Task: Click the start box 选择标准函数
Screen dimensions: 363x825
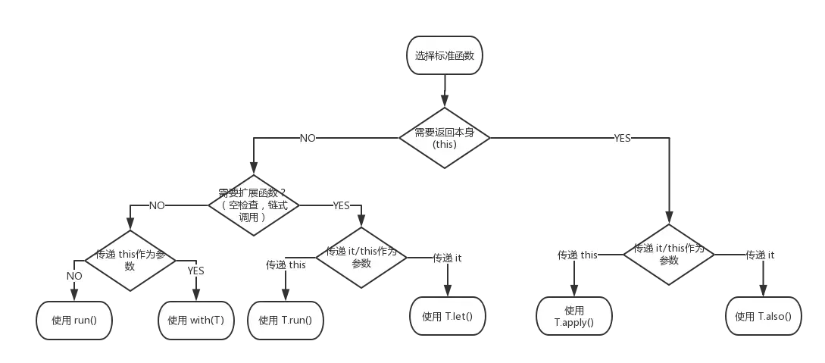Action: coord(444,56)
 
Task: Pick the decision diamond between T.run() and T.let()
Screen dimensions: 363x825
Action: coord(361,257)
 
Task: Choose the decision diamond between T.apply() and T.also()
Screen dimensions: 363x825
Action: coord(668,254)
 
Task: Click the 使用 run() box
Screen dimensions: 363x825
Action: coord(74,320)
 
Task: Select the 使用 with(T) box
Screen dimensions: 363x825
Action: coord(195,320)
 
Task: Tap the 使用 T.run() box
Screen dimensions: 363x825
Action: coord(285,320)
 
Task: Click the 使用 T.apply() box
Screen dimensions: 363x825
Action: coord(574,316)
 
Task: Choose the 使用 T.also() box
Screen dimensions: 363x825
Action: coord(763,316)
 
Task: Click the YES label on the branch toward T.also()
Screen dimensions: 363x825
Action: coord(621,139)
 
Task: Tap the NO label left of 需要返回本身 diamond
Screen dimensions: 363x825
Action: coord(308,139)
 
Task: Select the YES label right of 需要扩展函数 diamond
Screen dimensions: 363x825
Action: coord(342,205)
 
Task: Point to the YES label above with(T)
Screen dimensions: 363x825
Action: coord(196,271)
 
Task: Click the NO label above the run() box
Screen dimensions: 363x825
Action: coord(74,276)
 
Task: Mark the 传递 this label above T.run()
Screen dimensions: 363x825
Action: coord(286,264)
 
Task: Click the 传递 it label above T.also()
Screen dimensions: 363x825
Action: coord(760,255)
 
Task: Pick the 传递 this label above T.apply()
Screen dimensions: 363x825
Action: coord(578,255)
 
